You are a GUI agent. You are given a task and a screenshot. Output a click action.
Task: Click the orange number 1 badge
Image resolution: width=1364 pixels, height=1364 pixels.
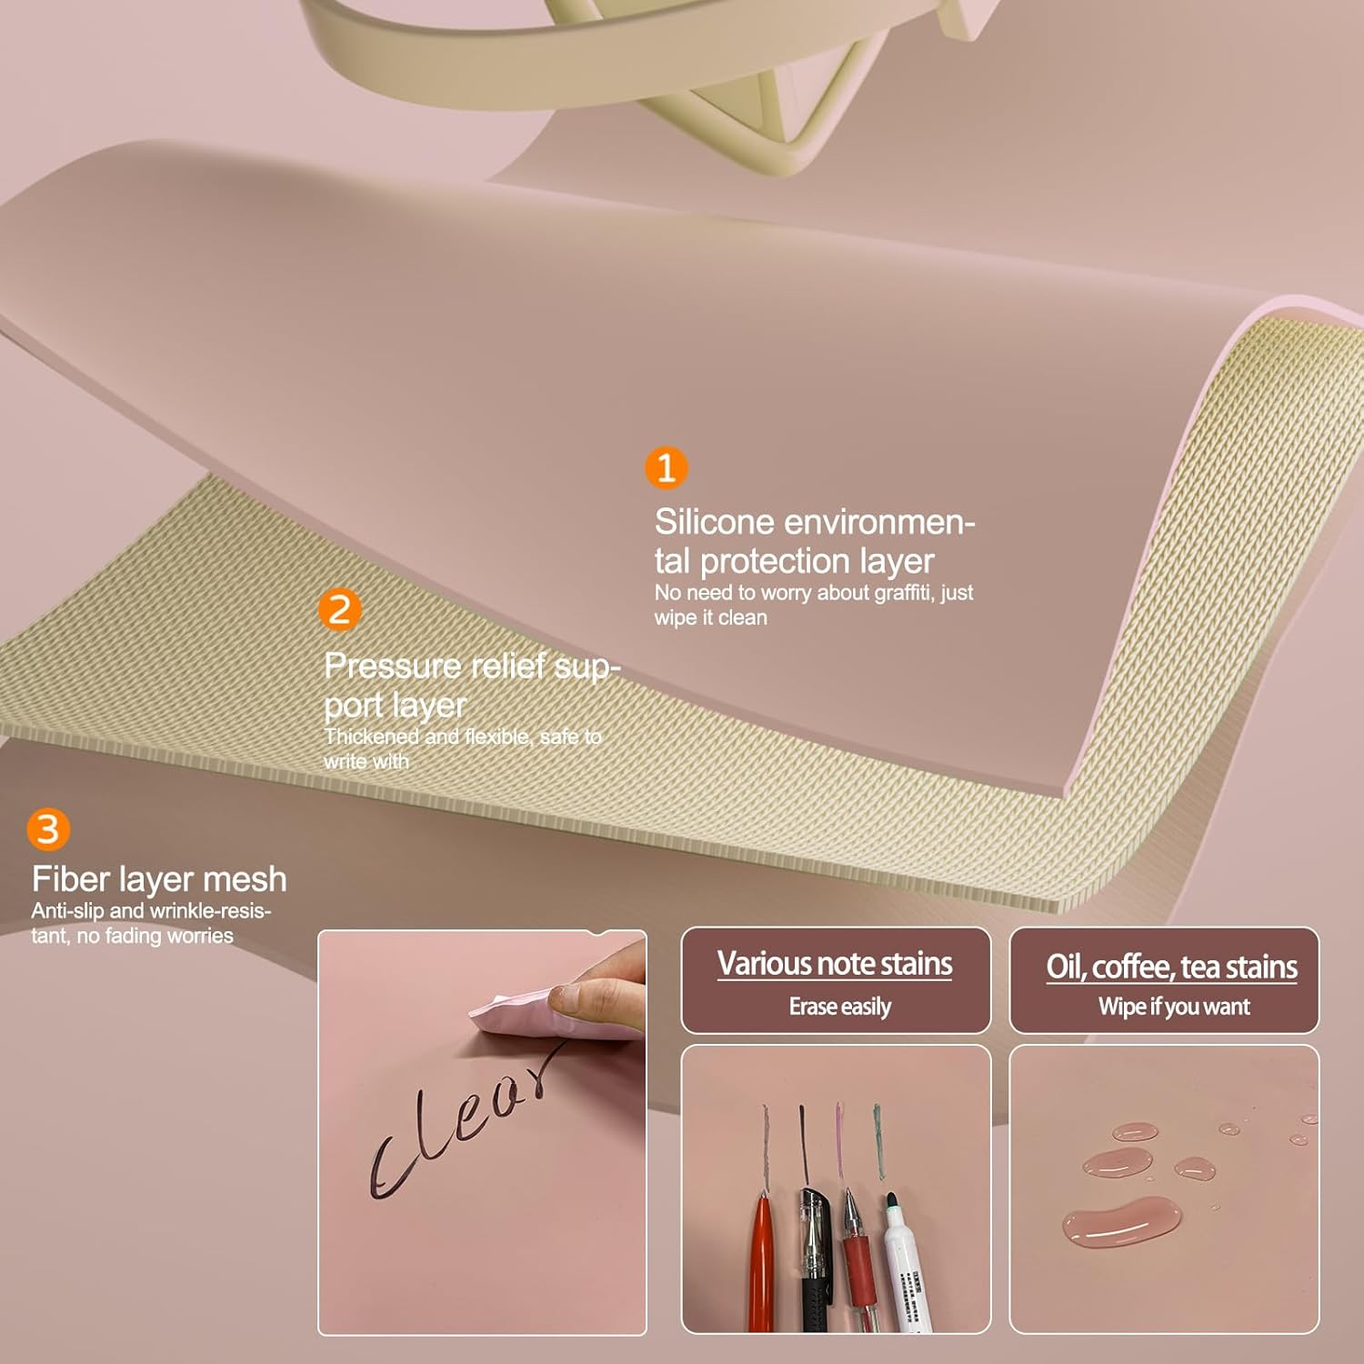click(x=666, y=467)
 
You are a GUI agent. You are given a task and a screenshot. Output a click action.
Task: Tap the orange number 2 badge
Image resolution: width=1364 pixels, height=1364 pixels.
click(x=339, y=609)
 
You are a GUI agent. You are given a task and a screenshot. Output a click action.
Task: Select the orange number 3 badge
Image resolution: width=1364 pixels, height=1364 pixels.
click(x=47, y=828)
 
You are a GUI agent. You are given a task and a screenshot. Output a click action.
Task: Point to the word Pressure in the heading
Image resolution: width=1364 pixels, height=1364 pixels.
click(x=393, y=666)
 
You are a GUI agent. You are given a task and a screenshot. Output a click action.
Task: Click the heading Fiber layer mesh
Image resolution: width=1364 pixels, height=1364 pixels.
click(x=159, y=878)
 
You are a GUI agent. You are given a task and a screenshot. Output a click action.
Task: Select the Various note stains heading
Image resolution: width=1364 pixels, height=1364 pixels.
click(x=835, y=963)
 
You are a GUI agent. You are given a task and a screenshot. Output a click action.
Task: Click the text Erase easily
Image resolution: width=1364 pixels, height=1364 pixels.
click(x=839, y=1007)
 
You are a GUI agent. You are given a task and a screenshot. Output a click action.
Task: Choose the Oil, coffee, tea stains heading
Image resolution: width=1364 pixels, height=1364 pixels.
click(x=1171, y=966)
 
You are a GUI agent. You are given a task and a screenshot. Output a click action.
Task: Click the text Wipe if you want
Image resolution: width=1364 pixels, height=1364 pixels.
click(x=1173, y=1007)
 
